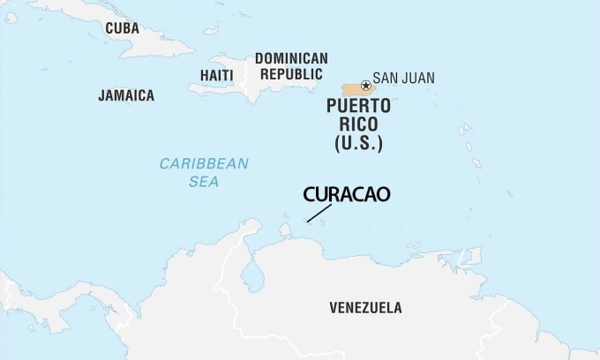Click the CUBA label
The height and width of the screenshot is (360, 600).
(122, 28)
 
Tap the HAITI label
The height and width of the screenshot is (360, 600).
(216, 75)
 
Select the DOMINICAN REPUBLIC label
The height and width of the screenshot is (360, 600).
(291, 66)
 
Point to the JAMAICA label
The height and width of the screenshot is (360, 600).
(126, 95)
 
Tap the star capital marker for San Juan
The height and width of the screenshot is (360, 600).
(365, 86)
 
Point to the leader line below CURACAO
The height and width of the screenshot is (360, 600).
(319, 213)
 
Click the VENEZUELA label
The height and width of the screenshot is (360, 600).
(364, 308)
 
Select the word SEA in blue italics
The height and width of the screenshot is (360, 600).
(203, 182)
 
